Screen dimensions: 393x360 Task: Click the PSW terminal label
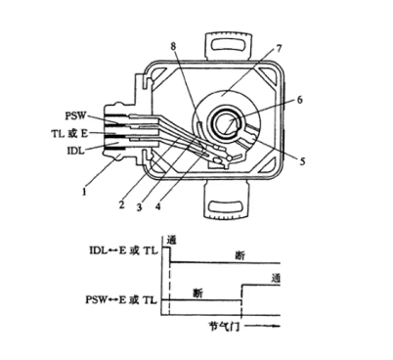(x=75, y=115)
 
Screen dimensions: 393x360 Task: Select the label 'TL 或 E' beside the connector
(x=69, y=133)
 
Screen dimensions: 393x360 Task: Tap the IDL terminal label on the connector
(x=75, y=151)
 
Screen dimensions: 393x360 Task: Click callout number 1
(x=84, y=192)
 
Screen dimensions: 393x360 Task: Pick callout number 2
(x=121, y=204)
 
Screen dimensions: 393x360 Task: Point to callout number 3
(x=139, y=206)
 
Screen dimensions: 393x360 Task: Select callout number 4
(x=158, y=206)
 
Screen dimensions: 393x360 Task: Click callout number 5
(x=303, y=160)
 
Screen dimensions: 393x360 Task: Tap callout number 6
(x=300, y=100)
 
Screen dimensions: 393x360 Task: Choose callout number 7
(x=278, y=49)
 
